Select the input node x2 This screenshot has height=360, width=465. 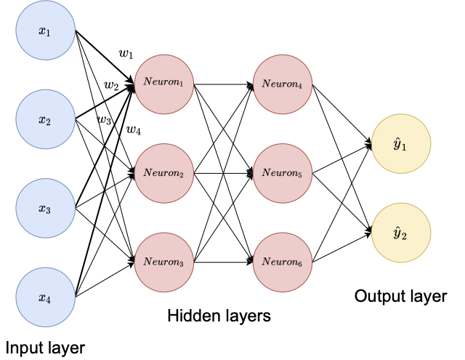[x=45, y=119]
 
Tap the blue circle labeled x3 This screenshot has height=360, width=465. [x=45, y=209]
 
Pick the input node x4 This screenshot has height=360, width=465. [x=45, y=297]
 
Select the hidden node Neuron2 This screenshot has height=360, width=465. [x=163, y=174]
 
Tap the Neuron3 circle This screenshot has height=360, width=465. [x=163, y=261]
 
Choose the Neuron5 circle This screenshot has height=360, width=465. [x=283, y=174]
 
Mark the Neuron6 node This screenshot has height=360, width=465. [x=283, y=261]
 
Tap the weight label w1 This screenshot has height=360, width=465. [x=126, y=54]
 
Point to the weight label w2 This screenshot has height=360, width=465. [x=111, y=86]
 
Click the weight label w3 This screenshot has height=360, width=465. [x=105, y=119]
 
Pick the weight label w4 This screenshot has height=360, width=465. [x=134, y=130]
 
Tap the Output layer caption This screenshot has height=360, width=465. [x=400, y=297]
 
